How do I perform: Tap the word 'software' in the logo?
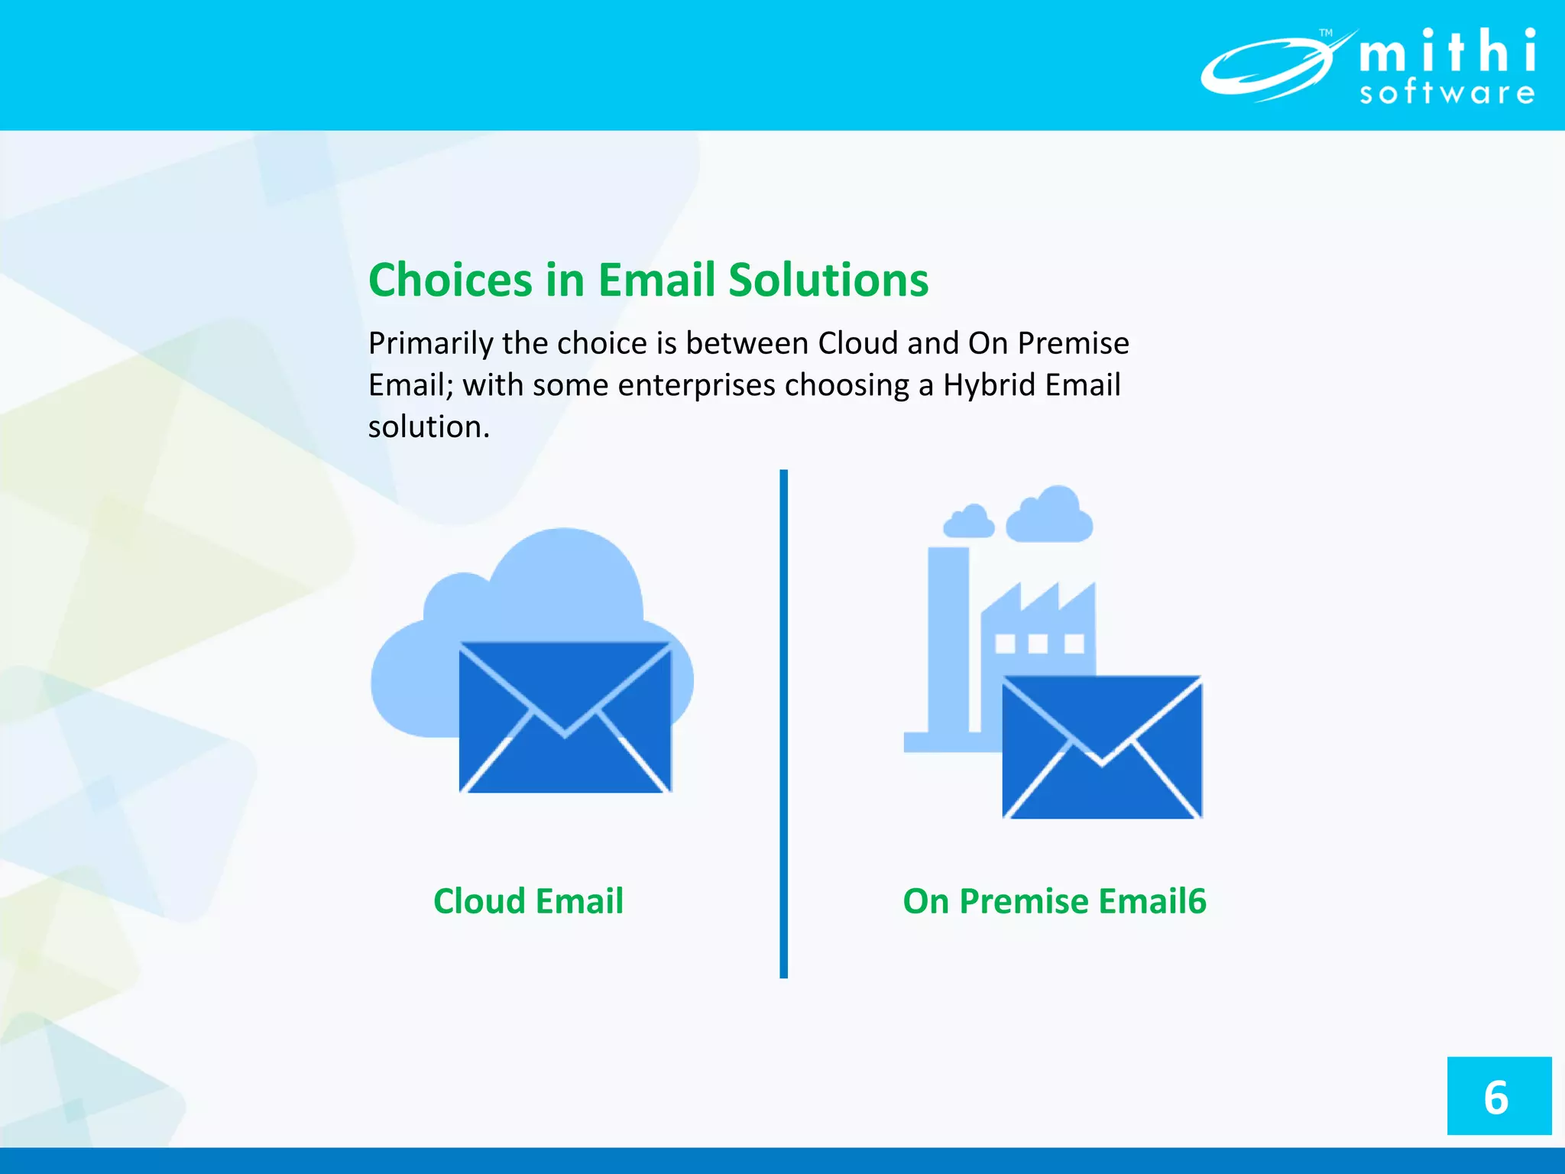[x=1447, y=93]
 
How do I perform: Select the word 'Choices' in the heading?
[x=450, y=280]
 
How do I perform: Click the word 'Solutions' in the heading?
[x=828, y=280]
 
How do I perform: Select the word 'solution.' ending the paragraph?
[x=429, y=426]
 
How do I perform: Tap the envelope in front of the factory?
[x=1102, y=748]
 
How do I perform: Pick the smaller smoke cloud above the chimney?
[x=969, y=521]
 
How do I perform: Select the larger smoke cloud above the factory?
[x=1050, y=515]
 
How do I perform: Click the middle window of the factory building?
[x=1038, y=644]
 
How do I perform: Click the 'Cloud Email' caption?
[x=528, y=901]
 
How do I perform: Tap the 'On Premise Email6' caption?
[x=1055, y=901]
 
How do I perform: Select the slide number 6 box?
[x=1499, y=1096]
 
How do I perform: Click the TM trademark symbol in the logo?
[x=1326, y=33]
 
